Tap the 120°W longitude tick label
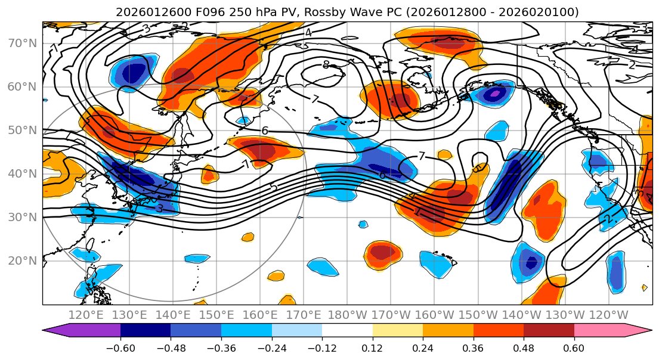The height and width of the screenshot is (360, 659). click(609, 314)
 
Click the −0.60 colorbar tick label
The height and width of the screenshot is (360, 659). click(120, 347)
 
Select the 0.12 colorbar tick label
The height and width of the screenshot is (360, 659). click(373, 347)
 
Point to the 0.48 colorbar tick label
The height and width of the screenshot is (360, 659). click(524, 347)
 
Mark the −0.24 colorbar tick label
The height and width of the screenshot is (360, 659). click(271, 347)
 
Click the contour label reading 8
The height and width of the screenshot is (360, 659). click(326, 65)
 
